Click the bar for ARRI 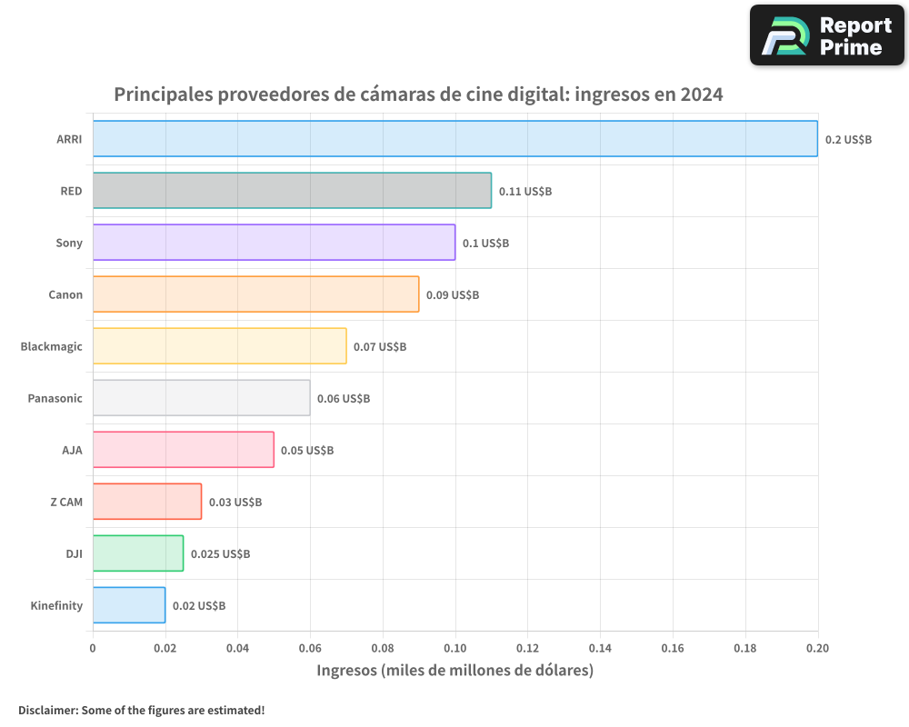[x=454, y=138]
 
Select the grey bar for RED [x=292, y=190]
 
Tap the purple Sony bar [x=274, y=242]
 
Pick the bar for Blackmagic [x=219, y=345]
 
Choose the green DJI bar [x=138, y=553]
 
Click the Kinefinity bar [x=129, y=604]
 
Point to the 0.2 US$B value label [x=848, y=139]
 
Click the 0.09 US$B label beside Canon [x=452, y=294]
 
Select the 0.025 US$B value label [x=220, y=553]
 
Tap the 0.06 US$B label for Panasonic [x=343, y=398]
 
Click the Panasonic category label [x=55, y=398]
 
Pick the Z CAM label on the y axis [x=65, y=502]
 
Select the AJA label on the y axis [x=72, y=450]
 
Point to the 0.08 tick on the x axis [x=383, y=648]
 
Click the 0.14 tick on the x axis [x=600, y=648]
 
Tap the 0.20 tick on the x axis [x=817, y=648]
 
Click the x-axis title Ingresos [x=454, y=671]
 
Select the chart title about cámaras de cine [x=418, y=94]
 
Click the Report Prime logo [x=826, y=35]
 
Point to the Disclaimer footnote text [x=141, y=710]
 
